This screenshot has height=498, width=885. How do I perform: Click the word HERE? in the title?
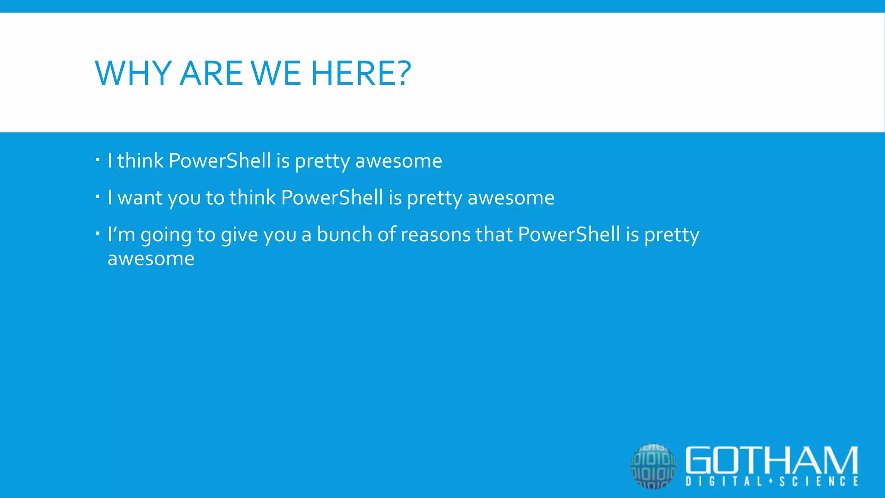(361, 73)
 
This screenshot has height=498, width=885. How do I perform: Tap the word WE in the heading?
(276, 73)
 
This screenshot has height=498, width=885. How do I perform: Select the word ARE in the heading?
(211, 73)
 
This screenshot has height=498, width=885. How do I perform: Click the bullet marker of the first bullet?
(98, 160)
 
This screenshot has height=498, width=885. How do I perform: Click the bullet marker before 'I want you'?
(98, 197)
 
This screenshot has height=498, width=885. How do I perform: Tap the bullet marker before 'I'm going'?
(98, 234)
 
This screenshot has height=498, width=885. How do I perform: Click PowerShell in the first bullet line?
(220, 161)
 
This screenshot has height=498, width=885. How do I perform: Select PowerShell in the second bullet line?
(332, 198)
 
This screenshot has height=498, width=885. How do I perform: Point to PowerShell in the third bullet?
(569, 234)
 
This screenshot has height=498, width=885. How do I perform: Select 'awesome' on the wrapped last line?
(151, 259)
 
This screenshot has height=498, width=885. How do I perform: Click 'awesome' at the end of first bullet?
(398, 161)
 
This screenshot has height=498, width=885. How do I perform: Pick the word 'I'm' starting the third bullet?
(121, 234)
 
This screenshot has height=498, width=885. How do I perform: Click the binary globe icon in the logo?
(653, 466)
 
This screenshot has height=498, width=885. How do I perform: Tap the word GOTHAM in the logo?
(771, 460)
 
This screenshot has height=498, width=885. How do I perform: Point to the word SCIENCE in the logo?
(819, 482)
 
